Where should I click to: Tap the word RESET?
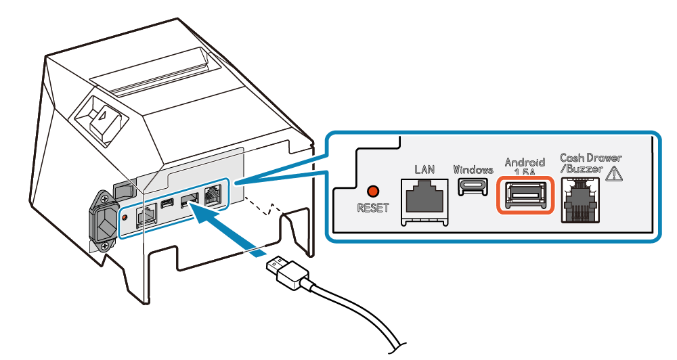[373, 208]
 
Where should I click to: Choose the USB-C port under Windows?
[473, 187]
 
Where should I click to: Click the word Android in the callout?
[525, 162]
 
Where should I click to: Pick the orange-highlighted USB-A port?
[525, 195]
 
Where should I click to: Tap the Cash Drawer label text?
[590, 158]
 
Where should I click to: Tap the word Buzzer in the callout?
[585, 169]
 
